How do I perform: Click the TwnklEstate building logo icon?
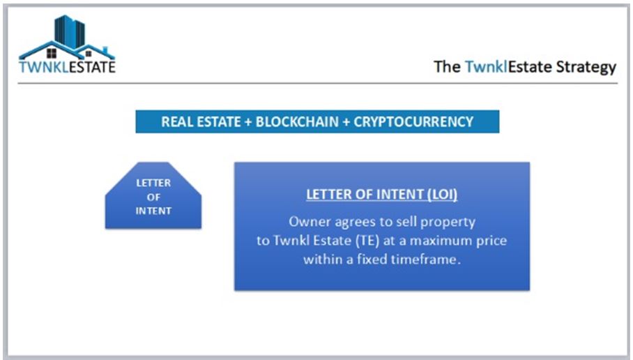pos(67,38)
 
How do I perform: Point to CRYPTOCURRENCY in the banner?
pos(413,122)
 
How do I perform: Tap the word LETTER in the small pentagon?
pos(153,183)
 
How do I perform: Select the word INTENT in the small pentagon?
pos(153,211)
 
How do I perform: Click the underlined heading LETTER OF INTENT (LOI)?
pos(382,195)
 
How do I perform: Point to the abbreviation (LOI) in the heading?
pos(441,195)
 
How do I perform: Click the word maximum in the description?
pos(445,241)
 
